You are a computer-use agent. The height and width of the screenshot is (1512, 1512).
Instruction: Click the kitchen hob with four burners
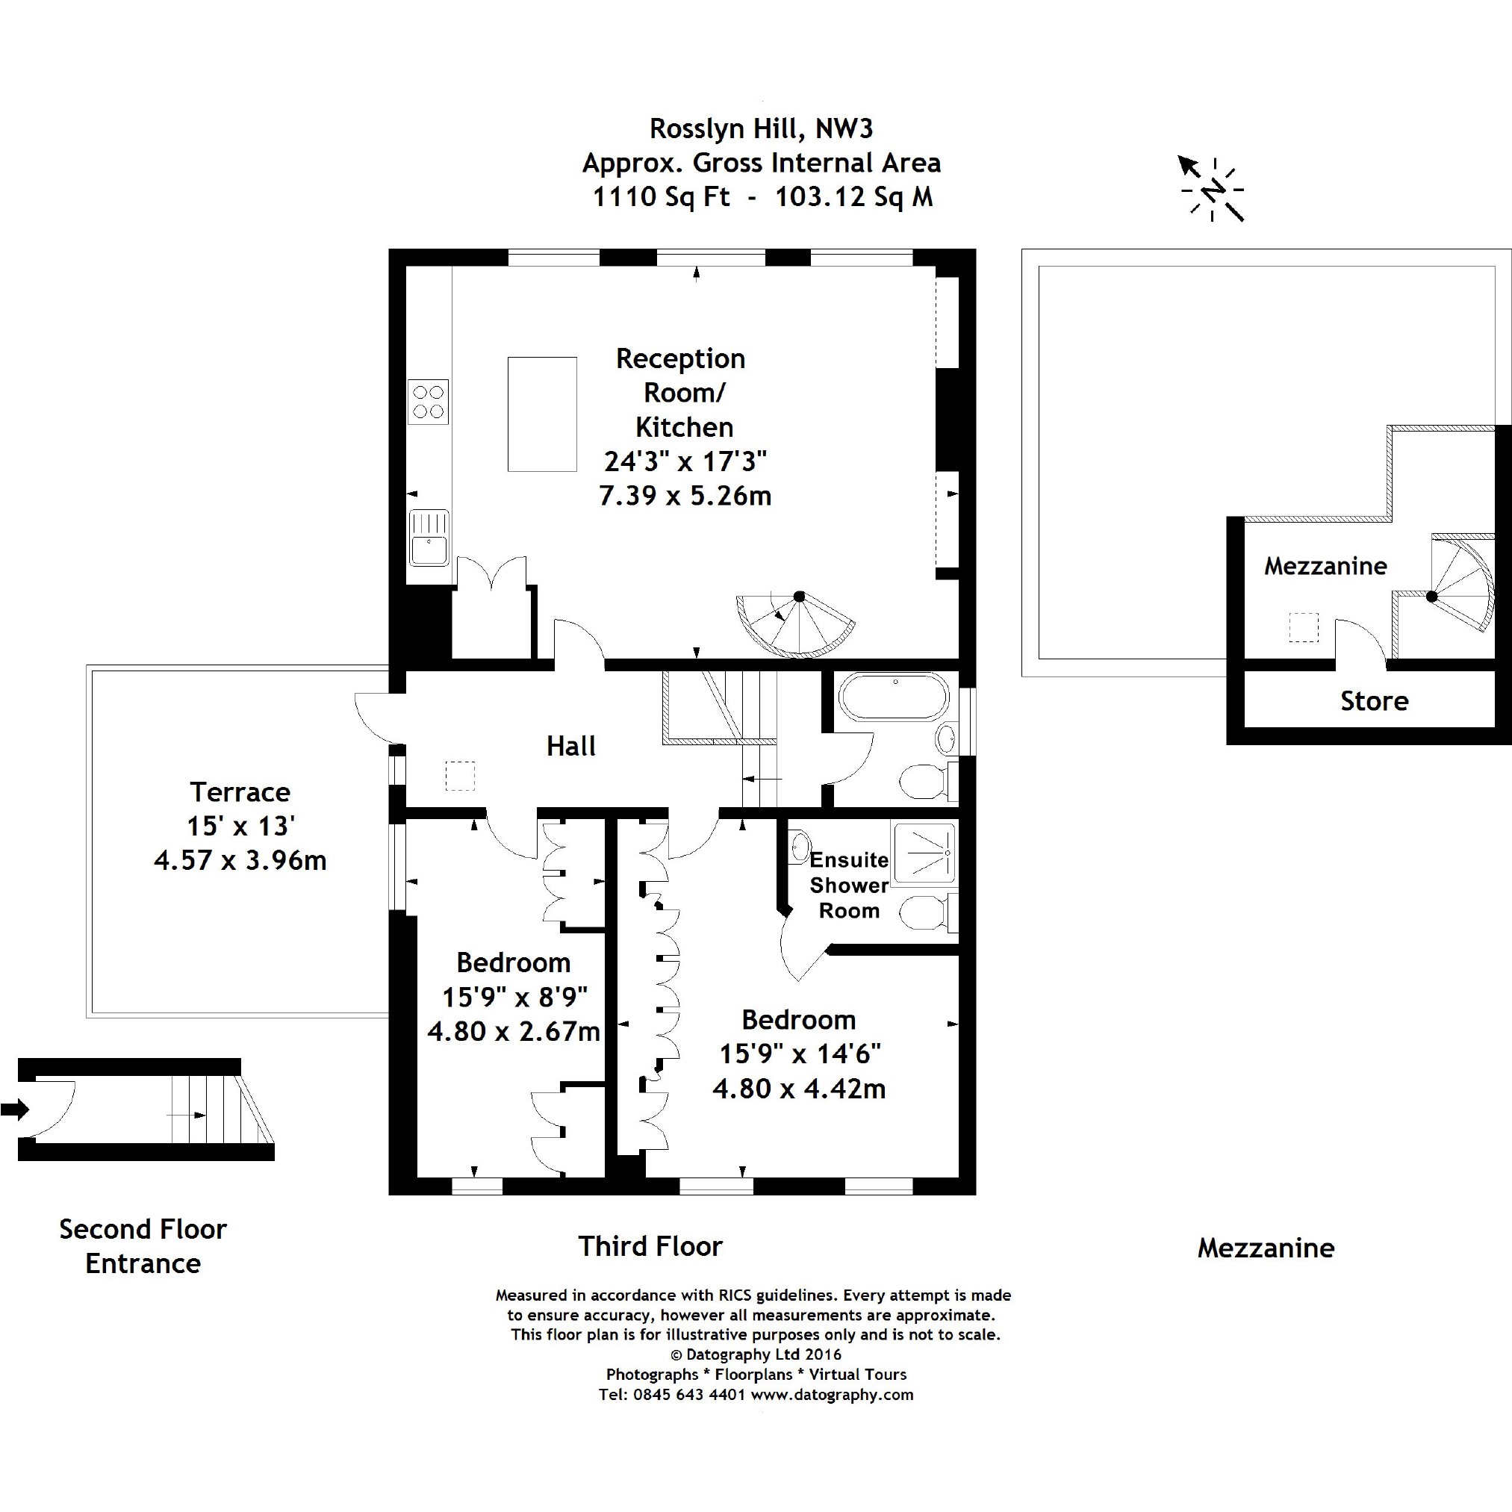pyautogui.click(x=428, y=402)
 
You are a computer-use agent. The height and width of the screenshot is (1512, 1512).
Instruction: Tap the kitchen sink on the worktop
pyautogui.click(x=429, y=537)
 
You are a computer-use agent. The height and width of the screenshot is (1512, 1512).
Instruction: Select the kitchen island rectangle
pyautogui.click(x=542, y=414)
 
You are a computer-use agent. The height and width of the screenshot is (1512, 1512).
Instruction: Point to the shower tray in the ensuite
pyautogui.click(x=924, y=850)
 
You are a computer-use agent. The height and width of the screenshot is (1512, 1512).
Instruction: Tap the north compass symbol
pyautogui.click(x=1212, y=189)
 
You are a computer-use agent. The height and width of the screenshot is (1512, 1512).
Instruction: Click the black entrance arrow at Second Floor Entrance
pyautogui.click(x=15, y=1109)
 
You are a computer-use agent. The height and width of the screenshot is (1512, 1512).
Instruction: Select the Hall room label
pyautogui.click(x=570, y=746)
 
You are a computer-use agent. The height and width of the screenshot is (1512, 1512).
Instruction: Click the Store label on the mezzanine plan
pyautogui.click(x=1375, y=700)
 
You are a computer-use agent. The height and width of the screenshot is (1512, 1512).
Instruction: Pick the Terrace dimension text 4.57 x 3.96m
pyautogui.click(x=240, y=860)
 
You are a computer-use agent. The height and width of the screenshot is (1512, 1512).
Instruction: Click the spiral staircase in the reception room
pyautogui.click(x=795, y=623)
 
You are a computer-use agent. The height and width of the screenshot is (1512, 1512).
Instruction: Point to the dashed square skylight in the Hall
pyautogui.click(x=459, y=776)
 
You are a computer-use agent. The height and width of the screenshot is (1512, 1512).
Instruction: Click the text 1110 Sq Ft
pyautogui.click(x=662, y=196)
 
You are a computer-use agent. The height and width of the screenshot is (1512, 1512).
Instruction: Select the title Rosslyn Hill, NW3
pyautogui.click(x=761, y=128)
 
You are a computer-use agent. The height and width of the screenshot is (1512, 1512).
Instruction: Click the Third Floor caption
pyautogui.click(x=650, y=1246)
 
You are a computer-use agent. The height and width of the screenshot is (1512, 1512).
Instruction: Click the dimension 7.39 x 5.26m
pyautogui.click(x=685, y=495)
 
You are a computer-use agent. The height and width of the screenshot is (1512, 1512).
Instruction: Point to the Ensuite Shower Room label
pyautogui.click(x=848, y=885)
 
